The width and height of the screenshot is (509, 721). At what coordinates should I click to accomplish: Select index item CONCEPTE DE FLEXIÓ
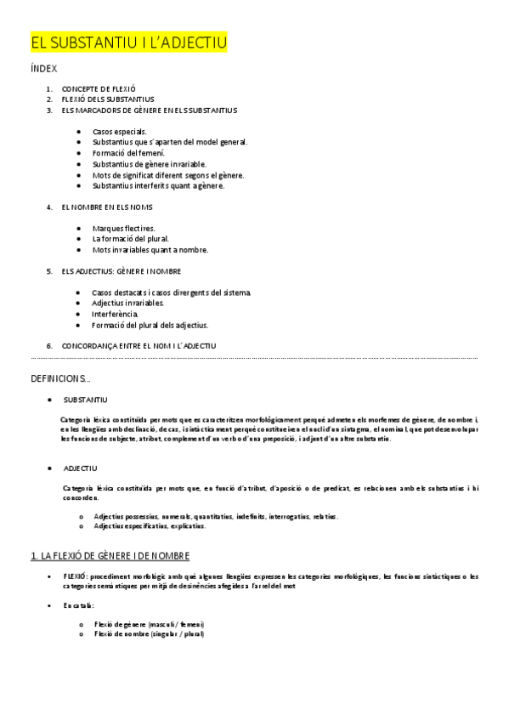pos(99,88)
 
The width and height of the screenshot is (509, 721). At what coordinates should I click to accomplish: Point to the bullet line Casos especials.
pos(120,132)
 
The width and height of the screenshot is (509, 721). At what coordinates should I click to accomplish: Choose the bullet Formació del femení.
pos(128,153)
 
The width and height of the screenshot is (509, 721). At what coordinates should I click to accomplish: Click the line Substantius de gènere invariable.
pos(149,164)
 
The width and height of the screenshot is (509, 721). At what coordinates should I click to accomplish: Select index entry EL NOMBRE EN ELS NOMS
pos(107,207)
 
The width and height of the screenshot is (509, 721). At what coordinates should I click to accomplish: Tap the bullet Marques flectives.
pos(124,229)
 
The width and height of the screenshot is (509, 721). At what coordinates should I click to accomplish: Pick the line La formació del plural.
pos(131,239)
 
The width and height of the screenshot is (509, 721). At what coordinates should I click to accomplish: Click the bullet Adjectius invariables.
pos(128,303)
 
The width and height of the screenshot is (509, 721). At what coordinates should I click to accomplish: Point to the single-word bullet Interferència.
pos(116,314)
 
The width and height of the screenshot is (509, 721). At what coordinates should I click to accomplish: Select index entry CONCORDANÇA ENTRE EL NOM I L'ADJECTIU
pos(139,346)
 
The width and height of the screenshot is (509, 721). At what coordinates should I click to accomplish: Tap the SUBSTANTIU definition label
pos(85,400)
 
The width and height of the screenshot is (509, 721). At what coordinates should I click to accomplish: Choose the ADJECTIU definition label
pos(81,468)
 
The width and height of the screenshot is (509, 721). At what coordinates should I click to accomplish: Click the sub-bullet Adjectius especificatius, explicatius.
pos(150,526)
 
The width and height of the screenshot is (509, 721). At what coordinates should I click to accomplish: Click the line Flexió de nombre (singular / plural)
pos(149,634)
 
